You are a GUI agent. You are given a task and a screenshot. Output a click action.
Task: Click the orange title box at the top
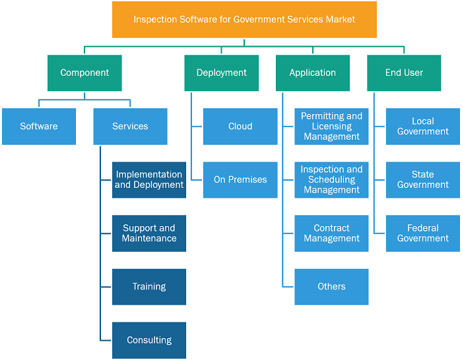click(244, 19)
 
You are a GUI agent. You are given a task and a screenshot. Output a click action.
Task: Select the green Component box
click(84, 73)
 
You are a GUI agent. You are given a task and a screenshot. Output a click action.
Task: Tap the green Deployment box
click(222, 73)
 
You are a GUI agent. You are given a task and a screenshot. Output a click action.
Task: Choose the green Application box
click(313, 73)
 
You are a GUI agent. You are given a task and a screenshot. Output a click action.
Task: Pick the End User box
click(404, 73)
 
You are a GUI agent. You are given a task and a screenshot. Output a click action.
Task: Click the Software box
click(39, 127)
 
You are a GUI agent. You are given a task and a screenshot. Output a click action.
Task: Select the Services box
click(130, 127)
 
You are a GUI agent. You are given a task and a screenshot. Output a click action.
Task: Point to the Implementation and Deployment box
click(149, 180)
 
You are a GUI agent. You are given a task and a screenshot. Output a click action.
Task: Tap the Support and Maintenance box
click(149, 233)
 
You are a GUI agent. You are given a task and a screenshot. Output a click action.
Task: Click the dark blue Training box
click(149, 287)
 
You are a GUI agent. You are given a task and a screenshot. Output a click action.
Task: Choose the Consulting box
click(149, 340)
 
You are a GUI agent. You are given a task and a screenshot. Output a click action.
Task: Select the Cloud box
click(240, 127)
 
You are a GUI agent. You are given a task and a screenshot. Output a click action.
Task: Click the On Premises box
click(240, 180)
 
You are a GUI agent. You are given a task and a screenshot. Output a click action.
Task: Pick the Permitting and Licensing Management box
click(331, 127)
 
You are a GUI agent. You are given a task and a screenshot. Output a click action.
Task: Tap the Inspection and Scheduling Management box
click(331, 180)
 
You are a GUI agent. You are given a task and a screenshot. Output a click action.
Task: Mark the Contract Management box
click(331, 233)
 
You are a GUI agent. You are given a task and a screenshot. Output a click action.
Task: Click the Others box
click(331, 287)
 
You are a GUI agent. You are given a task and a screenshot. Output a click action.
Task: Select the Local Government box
click(423, 127)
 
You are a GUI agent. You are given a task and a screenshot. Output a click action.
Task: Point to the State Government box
click(423, 180)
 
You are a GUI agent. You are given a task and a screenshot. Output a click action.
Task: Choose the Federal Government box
click(423, 233)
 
